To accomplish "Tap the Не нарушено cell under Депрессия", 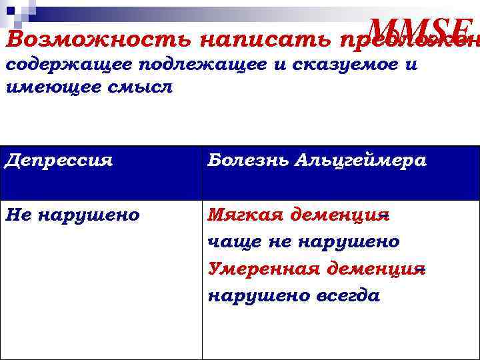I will (x=72, y=215).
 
